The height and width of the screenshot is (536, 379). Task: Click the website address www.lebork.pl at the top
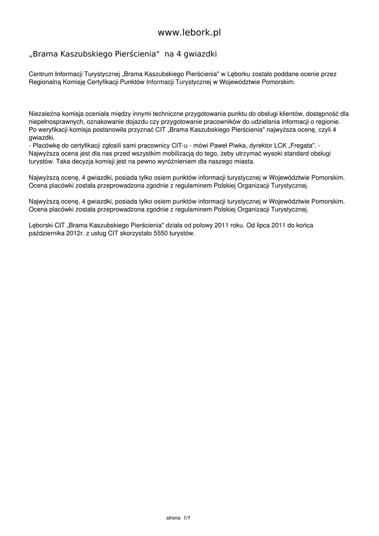(189, 32)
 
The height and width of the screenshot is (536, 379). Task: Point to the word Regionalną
(45, 82)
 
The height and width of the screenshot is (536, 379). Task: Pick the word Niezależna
(44, 113)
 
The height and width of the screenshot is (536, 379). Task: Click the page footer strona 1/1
(178, 518)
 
